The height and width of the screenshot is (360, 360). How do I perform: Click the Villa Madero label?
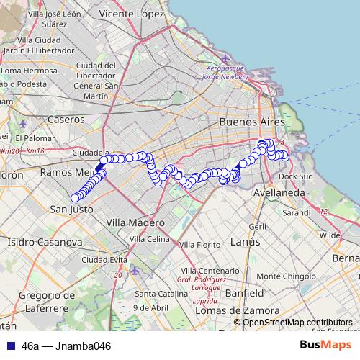coord(135,223)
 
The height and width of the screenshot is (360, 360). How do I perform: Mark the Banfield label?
coord(244,294)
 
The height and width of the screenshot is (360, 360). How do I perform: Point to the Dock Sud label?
coord(296,176)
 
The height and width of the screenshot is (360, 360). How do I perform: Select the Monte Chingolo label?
coord(285,276)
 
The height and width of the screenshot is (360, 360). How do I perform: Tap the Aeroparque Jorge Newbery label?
coord(225,71)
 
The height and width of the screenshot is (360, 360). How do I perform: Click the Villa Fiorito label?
coord(199,245)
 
